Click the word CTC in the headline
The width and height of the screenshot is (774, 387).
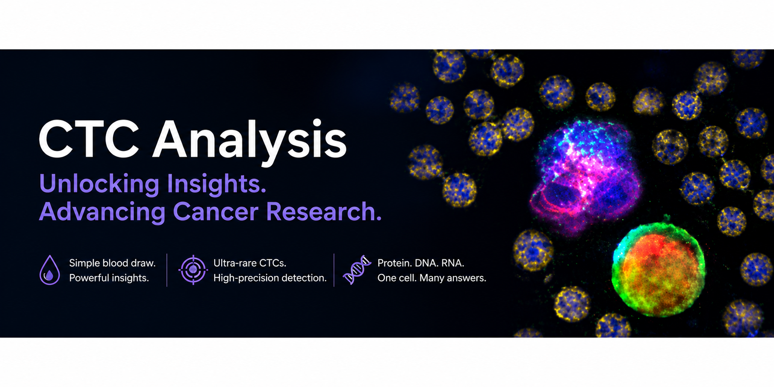tap(89, 140)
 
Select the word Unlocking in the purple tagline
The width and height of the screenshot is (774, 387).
tap(99, 184)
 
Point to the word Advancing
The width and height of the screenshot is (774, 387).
tap(102, 212)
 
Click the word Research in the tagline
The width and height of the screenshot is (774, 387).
tap(324, 212)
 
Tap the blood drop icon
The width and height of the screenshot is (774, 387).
tap(50, 270)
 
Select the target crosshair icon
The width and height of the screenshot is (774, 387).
tap(193, 270)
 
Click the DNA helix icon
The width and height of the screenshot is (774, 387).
tap(357, 270)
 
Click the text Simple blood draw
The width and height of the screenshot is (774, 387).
tap(112, 263)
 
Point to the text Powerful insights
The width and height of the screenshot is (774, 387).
tap(109, 278)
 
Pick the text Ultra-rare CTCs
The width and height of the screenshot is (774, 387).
tap(250, 263)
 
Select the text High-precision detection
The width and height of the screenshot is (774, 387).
tap(270, 278)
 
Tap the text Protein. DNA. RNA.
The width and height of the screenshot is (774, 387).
tap(421, 263)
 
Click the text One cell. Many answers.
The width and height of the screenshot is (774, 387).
tap(432, 278)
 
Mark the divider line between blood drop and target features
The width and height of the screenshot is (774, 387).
tap(167, 270)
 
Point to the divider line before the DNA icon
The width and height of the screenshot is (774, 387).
tap(334, 270)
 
